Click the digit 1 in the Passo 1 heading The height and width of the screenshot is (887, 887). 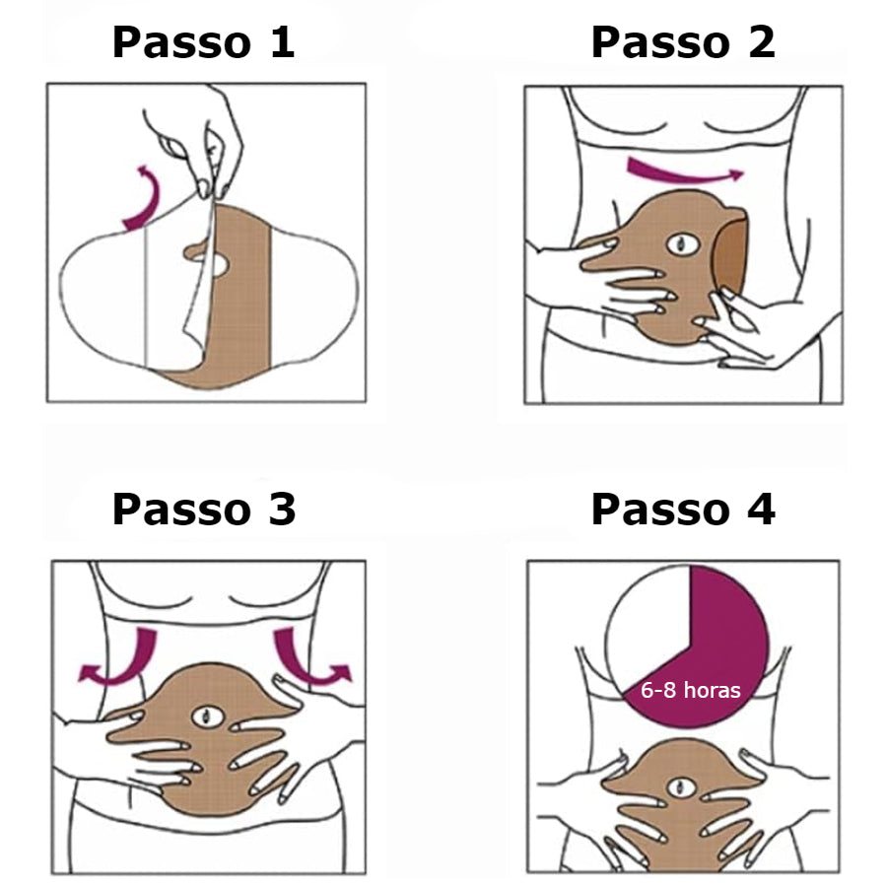click(x=283, y=41)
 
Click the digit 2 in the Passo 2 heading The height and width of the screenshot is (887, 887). click(x=762, y=41)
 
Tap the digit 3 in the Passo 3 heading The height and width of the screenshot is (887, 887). click(x=282, y=510)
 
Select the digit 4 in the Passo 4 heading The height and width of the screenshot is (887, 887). click(x=762, y=510)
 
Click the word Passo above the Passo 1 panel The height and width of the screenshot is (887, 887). click(x=181, y=41)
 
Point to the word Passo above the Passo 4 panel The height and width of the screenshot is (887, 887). click(x=660, y=510)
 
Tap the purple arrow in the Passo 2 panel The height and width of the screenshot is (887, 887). click(x=685, y=171)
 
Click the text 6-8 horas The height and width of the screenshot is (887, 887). click(x=691, y=690)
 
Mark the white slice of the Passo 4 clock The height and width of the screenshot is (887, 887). click(x=647, y=622)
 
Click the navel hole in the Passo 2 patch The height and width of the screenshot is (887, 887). click(x=683, y=244)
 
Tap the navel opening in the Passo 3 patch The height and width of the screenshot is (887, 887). click(x=208, y=716)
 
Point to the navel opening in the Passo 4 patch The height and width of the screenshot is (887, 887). click(x=681, y=786)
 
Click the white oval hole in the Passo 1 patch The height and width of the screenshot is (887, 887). click(x=218, y=265)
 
